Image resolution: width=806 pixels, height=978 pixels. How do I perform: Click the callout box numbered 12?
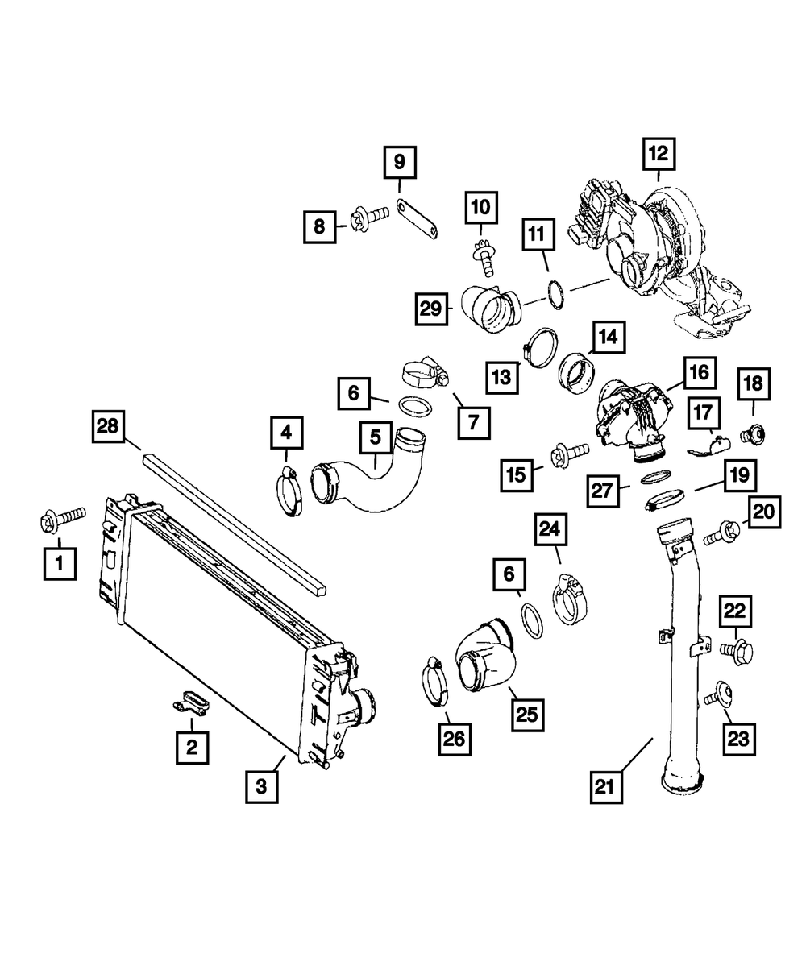click(659, 154)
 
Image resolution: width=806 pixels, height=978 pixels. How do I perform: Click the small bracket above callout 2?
click(191, 702)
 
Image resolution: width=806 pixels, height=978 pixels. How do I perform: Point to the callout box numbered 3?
click(262, 785)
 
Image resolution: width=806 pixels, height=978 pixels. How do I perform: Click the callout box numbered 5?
click(375, 438)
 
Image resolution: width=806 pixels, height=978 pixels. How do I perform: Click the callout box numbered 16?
click(697, 372)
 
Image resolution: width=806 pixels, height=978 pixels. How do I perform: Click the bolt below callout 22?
click(739, 649)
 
